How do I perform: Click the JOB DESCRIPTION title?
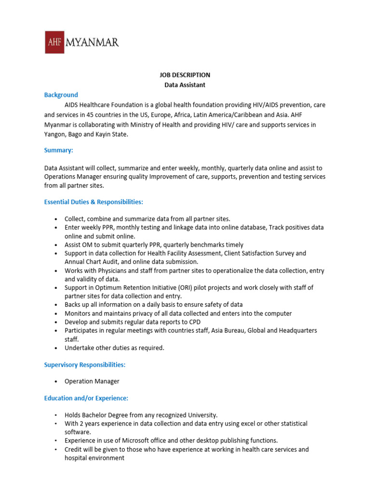click(x=185, y=75)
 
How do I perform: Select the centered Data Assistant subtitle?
click(x=185, y=85)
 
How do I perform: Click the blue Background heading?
click(x=61, y=95)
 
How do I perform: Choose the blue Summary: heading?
click(x=59, y=150)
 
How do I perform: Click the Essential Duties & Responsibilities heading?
click(x=93, y=201)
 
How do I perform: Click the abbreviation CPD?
click(x=194, y=322)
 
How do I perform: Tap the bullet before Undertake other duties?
click(x=57, y=348)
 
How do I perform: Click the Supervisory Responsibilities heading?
click(x=85, y=365)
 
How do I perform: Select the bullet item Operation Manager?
click(x=92, y=381)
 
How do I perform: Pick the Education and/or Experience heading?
click(x=86, y=398)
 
